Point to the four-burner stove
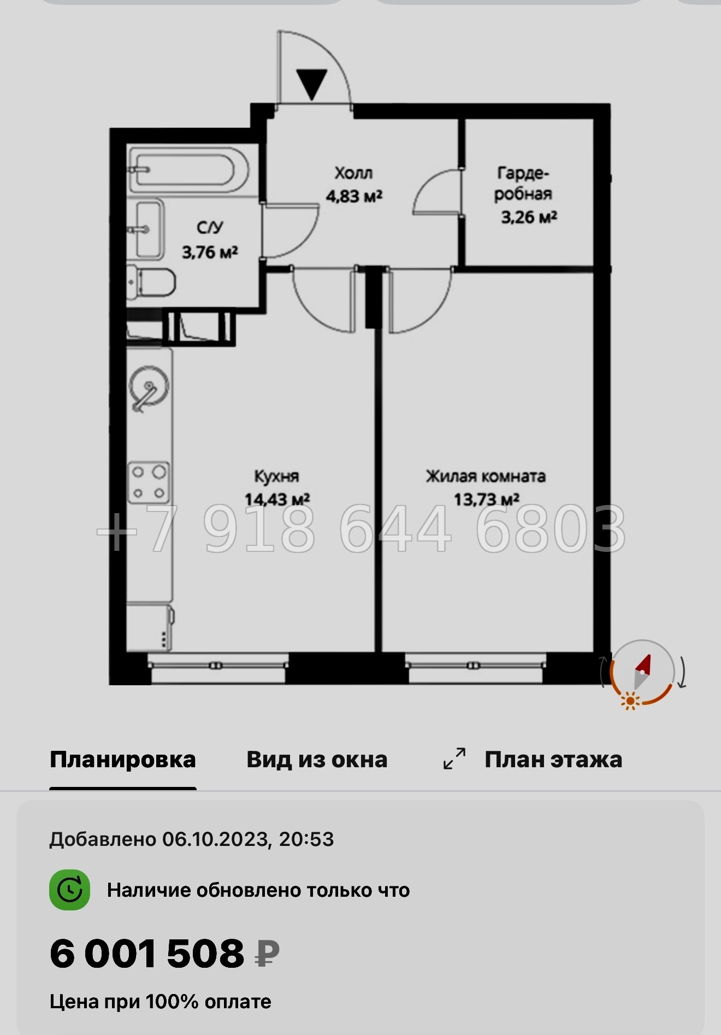click(x=148, y=482)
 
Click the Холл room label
click(x=353, y=173)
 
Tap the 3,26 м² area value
click(x=529, y=217)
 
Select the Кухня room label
click(x=276, y=476)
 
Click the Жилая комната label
click(x=486, y=476)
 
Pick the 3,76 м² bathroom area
click(x=210, y=252)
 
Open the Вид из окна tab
click(x=317, y=760)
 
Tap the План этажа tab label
click(x=553, y=760)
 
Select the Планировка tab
click(x=123, y=760)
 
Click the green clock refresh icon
click(x=70, y=890)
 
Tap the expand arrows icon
click(x=454, y=759)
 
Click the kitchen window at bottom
click(x=218, y=668)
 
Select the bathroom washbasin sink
click(x=149, y=229)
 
